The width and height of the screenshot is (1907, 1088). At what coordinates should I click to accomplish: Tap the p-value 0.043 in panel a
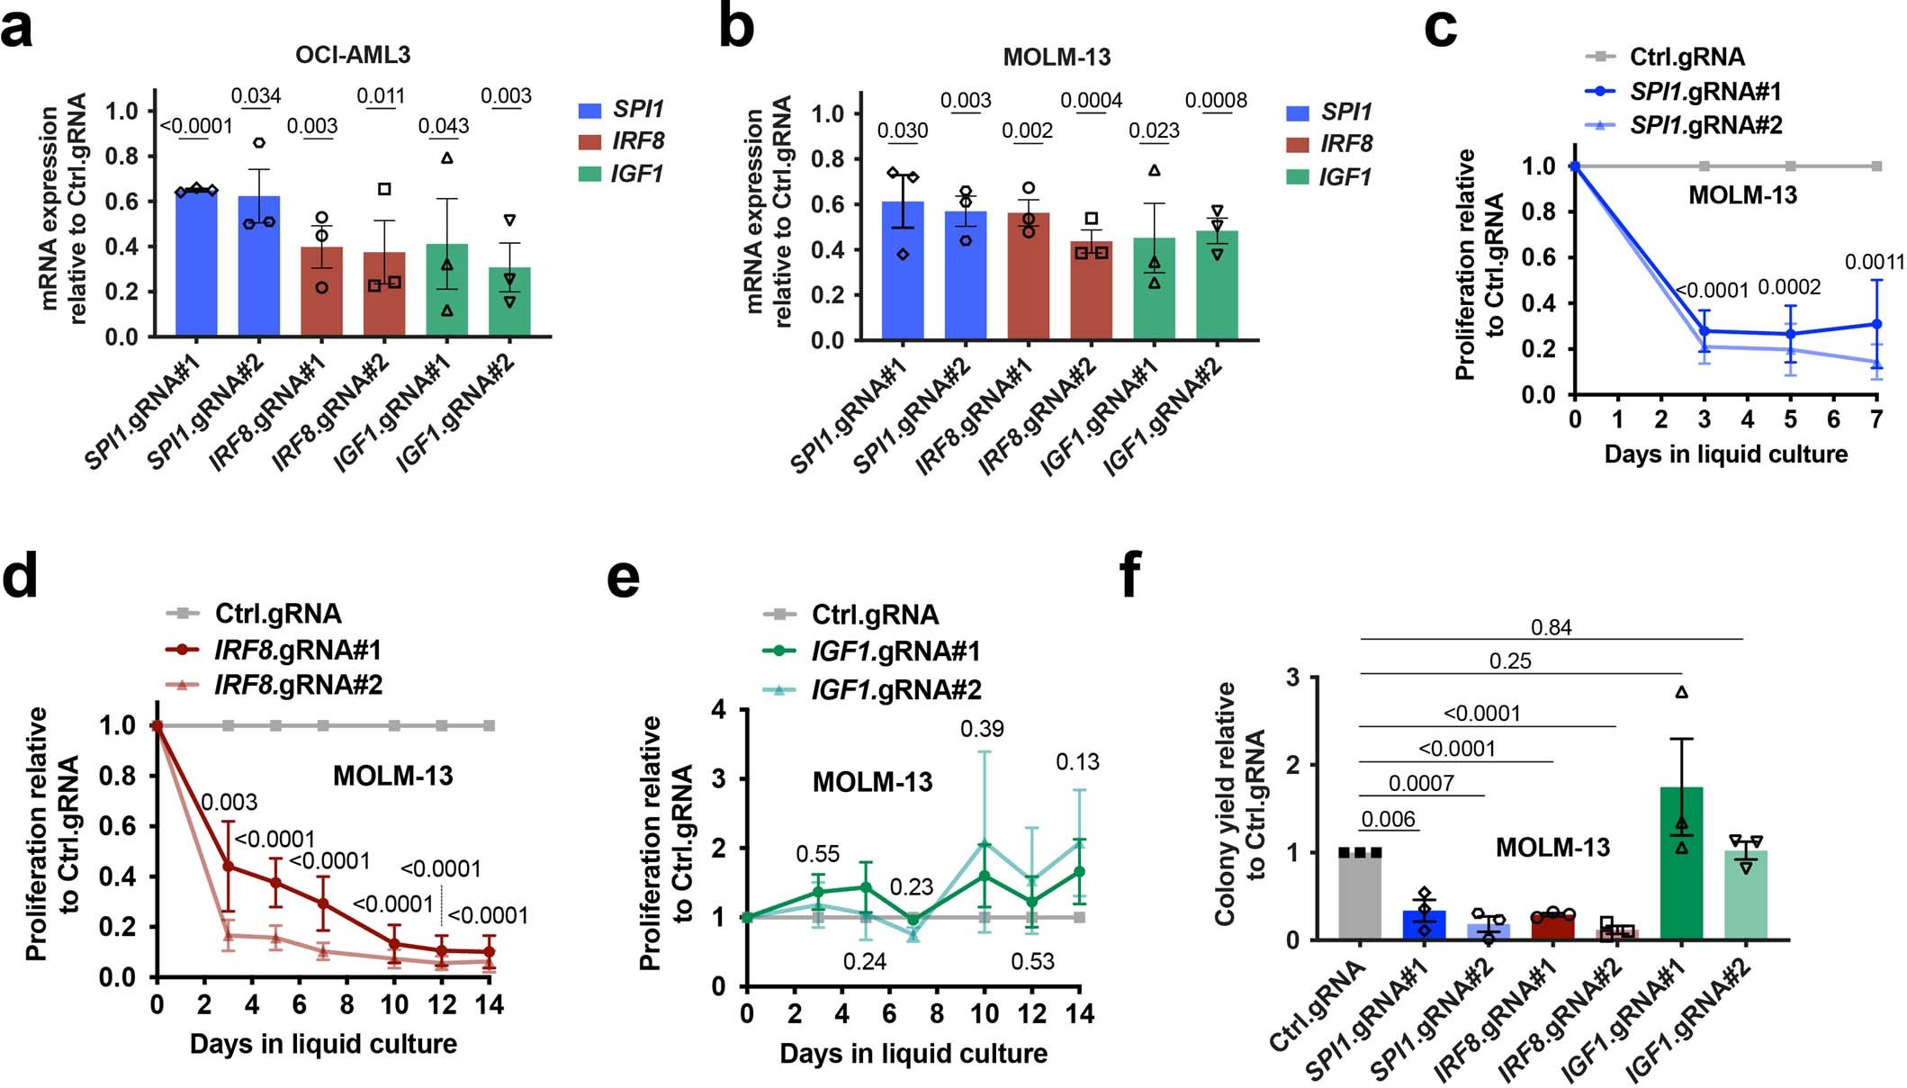(x=443, y=126)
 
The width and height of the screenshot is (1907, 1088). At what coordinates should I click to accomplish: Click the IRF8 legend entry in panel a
(x=620, y=141)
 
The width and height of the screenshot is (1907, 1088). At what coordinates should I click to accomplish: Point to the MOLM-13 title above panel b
(x=1057, y=58)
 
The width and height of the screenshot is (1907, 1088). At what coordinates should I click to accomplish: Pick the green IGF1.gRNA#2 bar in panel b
(x=1217, y=288)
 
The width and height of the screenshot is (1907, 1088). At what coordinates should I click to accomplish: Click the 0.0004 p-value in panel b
(x=1091, y=101)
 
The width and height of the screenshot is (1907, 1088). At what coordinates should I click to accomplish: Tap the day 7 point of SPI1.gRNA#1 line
(x=1876, y=324)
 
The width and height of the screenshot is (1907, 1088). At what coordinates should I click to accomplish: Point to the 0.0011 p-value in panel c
(x=1874, y=263)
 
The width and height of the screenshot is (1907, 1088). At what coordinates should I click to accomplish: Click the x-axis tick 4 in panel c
(x=1747, y=419)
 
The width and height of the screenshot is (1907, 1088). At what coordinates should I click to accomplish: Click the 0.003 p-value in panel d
(x=229, y=802)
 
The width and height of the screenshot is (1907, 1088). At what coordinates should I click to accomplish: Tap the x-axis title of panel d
(x=323, y=1044)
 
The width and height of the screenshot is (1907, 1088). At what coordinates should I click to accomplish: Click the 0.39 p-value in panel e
(x=982, y=728)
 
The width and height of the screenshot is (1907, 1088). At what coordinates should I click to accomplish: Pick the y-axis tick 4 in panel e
(x=718, y=710)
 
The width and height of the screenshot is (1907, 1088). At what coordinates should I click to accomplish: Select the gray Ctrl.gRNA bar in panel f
(x=1360, y=896)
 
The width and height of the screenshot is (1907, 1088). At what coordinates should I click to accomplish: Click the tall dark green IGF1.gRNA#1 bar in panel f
(x=1681, y=864)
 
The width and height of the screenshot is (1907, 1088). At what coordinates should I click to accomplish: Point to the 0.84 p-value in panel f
(x=1551, y=627)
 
